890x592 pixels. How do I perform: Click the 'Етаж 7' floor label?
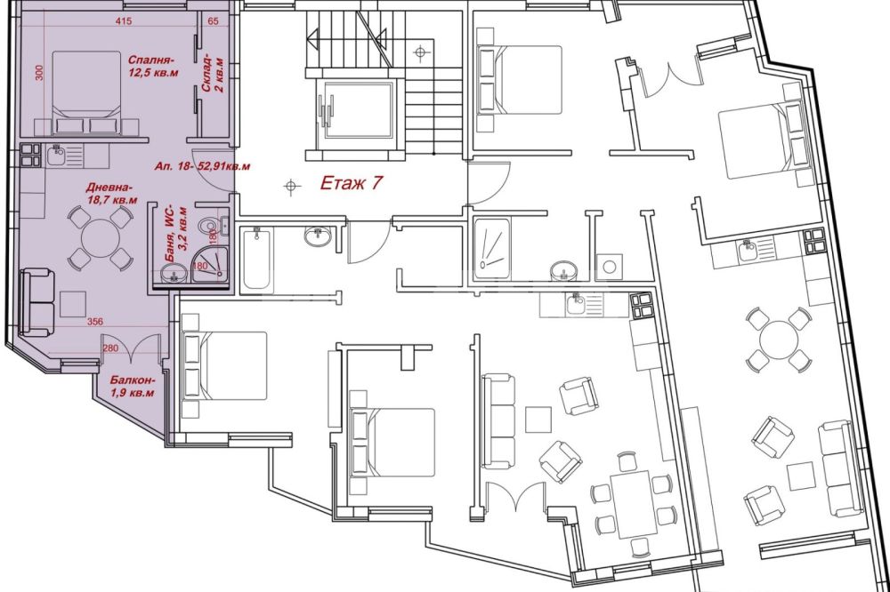352,183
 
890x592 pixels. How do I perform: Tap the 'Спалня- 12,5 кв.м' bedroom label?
152,66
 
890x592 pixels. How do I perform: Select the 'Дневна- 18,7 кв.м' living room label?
111,194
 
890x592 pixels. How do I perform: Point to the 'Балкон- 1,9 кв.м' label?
132,386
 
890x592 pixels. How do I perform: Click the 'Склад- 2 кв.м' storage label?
213,73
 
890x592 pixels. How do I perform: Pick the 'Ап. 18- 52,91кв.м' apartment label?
202,167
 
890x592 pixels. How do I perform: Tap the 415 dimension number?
123,21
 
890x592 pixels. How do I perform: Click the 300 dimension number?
39,72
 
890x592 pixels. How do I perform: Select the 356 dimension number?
95,322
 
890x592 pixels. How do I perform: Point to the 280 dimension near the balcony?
110,348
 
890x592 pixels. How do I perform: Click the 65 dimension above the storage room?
213,21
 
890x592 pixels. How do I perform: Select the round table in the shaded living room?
100,238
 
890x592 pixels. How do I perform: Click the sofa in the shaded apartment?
37,303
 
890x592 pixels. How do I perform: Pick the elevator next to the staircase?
358,109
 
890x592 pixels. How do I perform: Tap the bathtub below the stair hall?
256,259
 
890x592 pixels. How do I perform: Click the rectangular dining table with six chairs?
634,504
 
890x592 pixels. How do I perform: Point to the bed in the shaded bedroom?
87,93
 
